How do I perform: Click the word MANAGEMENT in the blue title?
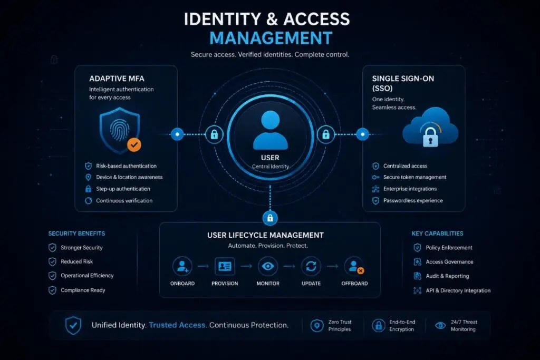pos(271,38)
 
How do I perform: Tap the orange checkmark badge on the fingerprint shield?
pos(134,144)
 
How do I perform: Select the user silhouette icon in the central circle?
pos(271,130)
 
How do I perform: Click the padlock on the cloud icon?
pos(430,137)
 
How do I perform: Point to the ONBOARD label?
pos(182,283)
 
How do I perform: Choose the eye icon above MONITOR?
pos(268,266)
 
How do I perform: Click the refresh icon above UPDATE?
pos(311,266)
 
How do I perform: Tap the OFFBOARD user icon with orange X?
pos(355,266)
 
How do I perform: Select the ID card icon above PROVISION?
pos(225,266)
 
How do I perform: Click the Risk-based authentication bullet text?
pos(126,166)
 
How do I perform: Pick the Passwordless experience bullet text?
pos(413,201)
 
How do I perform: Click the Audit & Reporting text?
pos(447,276)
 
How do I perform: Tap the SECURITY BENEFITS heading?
pos(76,233)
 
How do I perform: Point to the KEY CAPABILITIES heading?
pos(437,233)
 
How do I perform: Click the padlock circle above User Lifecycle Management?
pos(270,218)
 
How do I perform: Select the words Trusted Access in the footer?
pos(178,325)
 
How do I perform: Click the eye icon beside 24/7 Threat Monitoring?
pos(440,325)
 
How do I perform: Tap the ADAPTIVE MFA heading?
pos(117,79)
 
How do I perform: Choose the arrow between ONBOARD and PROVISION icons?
pos(203,266)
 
